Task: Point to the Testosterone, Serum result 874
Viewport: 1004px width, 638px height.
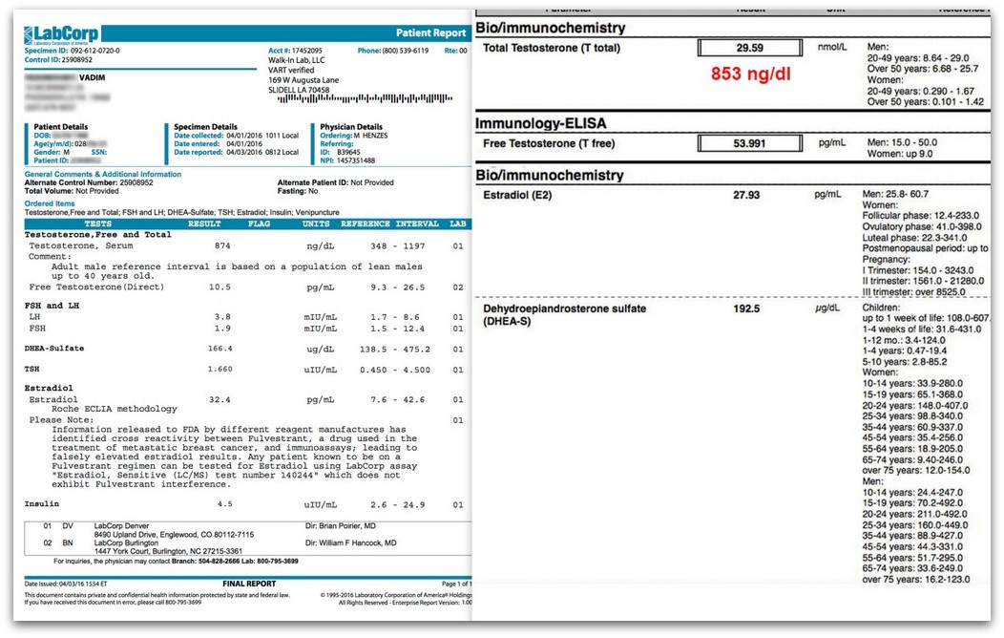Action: tap(221, 245)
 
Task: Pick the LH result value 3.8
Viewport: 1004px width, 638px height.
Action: tap(221, 316)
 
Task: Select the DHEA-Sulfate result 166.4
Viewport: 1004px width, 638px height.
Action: tap(220, 349)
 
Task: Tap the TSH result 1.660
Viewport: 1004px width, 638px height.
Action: tap(220, 369)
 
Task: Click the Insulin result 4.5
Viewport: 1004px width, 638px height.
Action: tap(224, 504)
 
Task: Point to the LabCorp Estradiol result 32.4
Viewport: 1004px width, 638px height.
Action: tap(220, 400)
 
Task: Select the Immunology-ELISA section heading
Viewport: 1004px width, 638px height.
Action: tap(540, 123)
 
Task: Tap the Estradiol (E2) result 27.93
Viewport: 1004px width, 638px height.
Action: tap(745, 194)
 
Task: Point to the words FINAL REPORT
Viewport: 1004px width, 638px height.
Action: tap(249, 584)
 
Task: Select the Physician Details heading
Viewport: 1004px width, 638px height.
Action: tap(351, 126)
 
